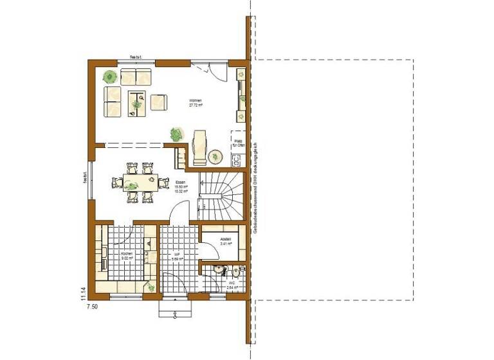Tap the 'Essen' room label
coord(181,184)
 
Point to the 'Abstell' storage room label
coord(225,241)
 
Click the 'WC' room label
coord(232,283)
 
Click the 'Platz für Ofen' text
coord(239,145)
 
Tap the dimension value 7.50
coord(93,307)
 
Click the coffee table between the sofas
coord(136,102)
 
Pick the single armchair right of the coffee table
coord(158,102)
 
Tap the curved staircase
coord(218,193)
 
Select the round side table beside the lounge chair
coord(215,156)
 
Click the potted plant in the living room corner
coord(110,76)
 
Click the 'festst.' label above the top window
coord(136,57)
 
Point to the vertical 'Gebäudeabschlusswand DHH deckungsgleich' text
coord(255,186)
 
